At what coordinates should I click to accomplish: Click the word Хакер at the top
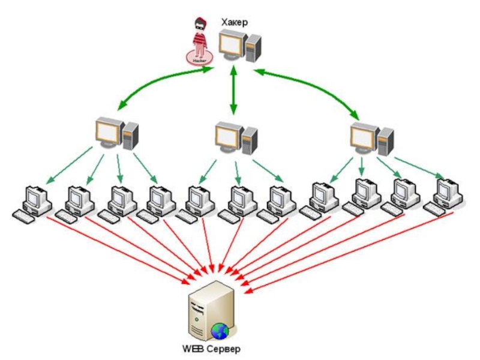tap(234, 22)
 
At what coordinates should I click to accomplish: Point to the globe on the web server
tap(220, 329)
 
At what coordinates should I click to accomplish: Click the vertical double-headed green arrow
tap(233, 90)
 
